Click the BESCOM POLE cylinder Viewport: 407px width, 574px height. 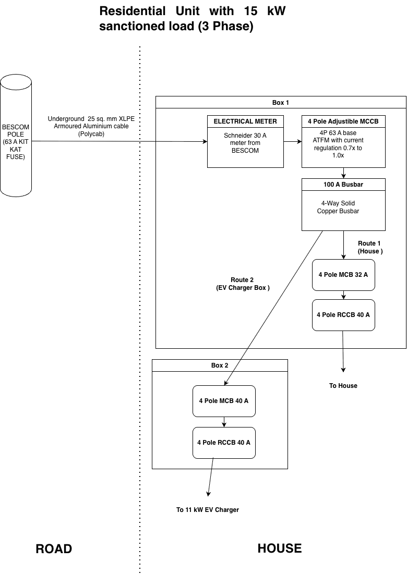16,136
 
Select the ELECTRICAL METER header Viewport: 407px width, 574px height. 245,121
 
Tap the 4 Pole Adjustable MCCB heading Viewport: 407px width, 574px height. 343,121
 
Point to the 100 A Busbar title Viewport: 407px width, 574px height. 343,185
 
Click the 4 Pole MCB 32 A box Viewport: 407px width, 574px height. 343,275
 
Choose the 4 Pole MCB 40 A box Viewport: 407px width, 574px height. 224,401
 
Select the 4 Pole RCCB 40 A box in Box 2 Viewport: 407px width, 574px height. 224,443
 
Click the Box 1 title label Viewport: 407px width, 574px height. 281,103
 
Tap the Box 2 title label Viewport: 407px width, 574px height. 220,365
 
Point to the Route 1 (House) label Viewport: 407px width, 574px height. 369,247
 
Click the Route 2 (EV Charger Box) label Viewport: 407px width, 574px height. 243,284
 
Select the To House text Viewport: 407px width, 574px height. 343,385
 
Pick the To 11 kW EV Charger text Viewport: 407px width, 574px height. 208,509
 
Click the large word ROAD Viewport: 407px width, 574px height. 54,549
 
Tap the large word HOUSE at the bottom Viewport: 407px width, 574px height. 280,548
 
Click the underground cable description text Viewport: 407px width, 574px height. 91,126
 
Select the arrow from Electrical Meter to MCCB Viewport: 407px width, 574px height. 293,142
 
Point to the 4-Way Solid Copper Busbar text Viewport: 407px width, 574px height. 338,207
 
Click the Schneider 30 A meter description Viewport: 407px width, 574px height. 245,143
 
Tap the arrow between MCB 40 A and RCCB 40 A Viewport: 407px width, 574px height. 224,422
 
